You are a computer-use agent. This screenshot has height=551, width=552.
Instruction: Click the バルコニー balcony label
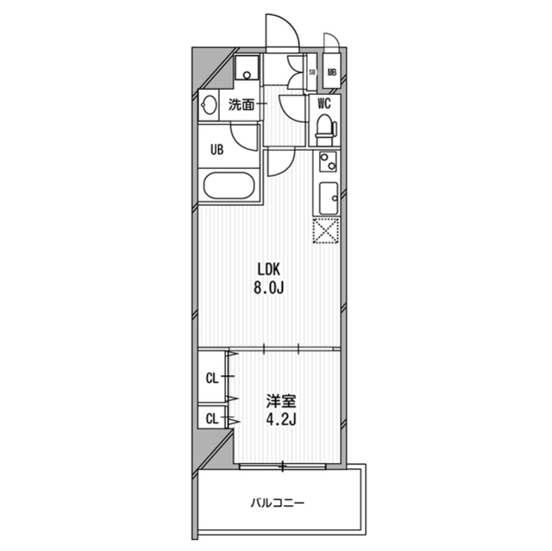[279, 502]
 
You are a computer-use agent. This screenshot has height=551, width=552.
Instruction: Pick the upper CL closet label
[211, 377]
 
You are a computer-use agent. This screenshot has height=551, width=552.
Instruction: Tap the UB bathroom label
[218, 148]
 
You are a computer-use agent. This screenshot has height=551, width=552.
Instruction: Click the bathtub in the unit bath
[228, 185]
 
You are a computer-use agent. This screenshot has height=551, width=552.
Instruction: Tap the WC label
[324, 103]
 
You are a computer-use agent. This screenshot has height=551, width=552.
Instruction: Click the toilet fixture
[324, 128]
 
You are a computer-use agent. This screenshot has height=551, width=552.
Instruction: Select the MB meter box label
[331, 73]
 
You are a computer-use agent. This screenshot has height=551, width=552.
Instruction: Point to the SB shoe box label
[311, 73]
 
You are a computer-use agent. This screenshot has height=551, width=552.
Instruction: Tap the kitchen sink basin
[328, 197]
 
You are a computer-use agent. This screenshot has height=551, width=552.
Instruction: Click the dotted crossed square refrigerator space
[326, 230]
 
